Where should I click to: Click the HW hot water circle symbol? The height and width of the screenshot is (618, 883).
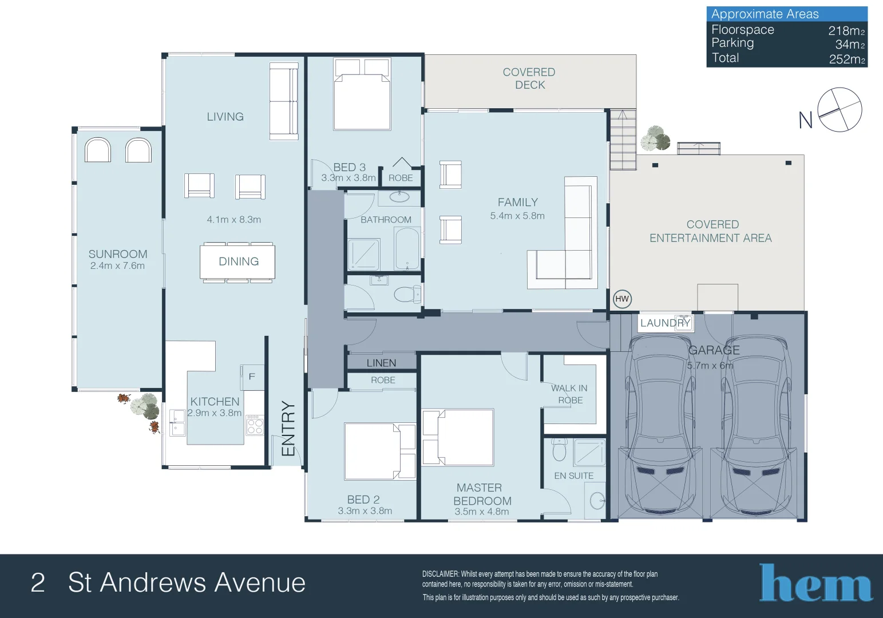(622, 299)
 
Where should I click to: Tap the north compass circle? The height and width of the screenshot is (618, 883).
(840, 110)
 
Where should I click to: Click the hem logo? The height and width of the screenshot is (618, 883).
(815, 583)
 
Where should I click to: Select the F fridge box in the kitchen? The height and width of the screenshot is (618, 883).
(252, 377)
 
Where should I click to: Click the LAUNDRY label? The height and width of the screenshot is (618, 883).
(665, 323)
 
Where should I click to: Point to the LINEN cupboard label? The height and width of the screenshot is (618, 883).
(381, 363)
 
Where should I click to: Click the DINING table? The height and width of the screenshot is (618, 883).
(237, 262)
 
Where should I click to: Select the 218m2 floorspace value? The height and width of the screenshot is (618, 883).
(846, 31)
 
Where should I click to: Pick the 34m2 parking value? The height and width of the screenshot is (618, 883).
(850, 45)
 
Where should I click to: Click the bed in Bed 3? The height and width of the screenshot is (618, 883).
(362, 94)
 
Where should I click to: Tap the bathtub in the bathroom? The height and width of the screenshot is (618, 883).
(407, 248)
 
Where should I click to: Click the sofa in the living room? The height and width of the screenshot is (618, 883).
(284, 101)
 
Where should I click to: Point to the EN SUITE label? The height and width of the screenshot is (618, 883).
(573, 476)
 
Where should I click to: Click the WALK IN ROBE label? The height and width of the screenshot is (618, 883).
(569, 394)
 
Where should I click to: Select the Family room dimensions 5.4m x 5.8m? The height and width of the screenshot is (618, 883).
(517, 216)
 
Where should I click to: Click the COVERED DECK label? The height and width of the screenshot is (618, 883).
(529, 78)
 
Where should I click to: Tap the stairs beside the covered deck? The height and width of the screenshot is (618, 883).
(623, 139)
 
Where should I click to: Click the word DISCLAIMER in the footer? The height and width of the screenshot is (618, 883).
(441, 574)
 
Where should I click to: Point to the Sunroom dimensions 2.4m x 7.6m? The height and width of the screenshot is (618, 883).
(117, 266)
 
